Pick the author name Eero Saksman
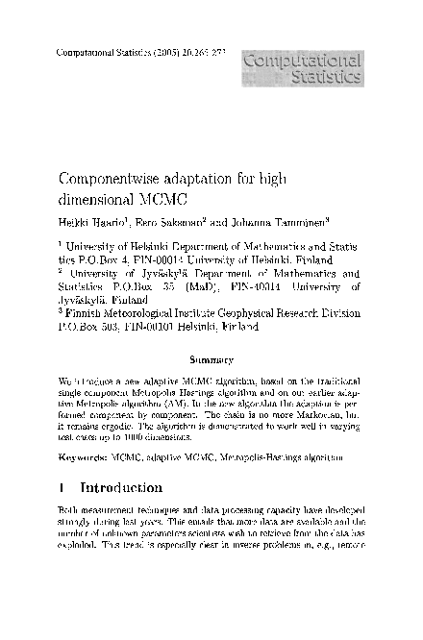point(160,223)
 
